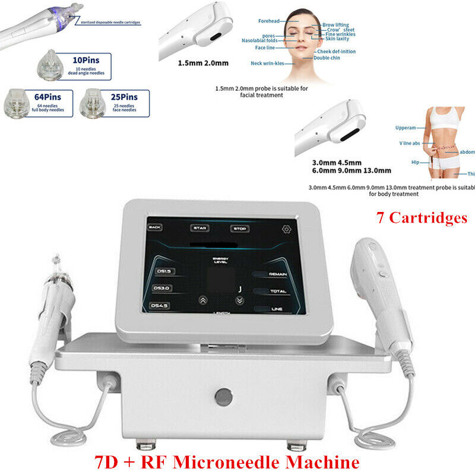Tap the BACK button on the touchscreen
(x=155, y=227)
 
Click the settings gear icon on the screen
(x=286, y=229)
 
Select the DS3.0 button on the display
(x=162, y=288)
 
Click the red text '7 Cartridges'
(x=422, y=218)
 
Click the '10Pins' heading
(x=85, y=60)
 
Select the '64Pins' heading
(x=37, y=96)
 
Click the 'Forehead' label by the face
(x=268, y=21)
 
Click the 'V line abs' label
(x=410, y=143)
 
